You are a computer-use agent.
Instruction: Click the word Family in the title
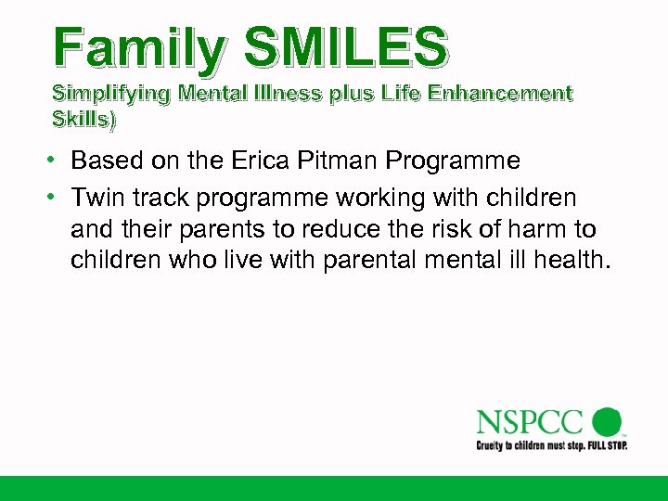[x=137, y=48]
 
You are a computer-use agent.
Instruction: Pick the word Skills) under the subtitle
[x=86, y=120]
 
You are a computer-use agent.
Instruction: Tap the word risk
[x=436, y=229]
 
